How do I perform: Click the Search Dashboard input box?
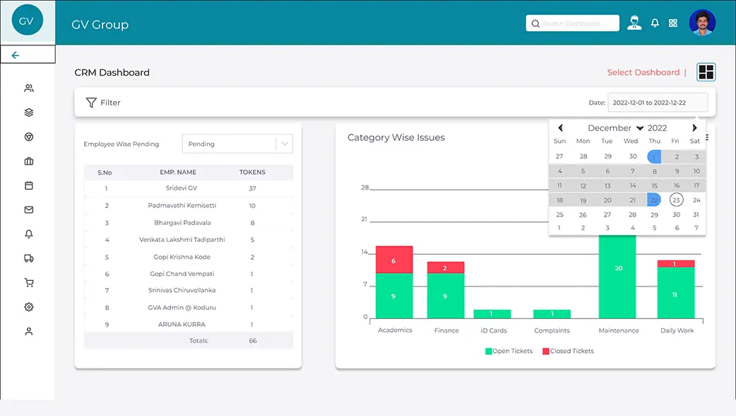572,23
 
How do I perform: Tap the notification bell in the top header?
655,23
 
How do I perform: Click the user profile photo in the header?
702,23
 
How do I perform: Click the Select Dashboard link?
643,72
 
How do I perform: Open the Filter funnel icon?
91,103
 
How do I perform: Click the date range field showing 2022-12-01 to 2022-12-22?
658,103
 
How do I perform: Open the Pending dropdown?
237,144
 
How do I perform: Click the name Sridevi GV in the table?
182,188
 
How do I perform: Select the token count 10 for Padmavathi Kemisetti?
252,206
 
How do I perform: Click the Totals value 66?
253,341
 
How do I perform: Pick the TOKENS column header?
252,172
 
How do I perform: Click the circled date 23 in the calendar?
676,200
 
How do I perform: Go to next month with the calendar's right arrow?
694,128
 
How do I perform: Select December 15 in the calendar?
654,185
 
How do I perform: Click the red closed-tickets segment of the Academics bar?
394,260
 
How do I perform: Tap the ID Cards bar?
492,314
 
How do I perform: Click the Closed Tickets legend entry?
568,351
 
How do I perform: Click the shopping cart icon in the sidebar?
29,282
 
